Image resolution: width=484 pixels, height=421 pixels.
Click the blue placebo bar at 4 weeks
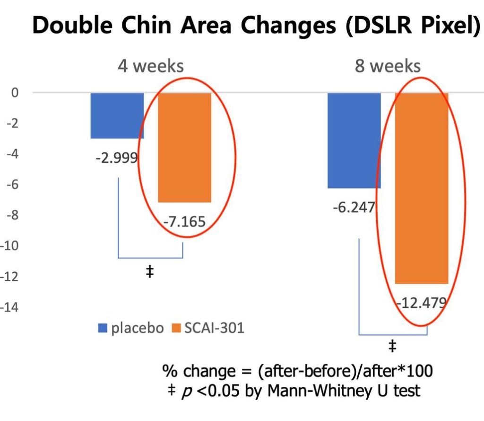pyautogui.click(x=117, y=116)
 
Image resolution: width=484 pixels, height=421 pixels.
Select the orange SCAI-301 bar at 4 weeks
pyautogui.click(x=184, y=147)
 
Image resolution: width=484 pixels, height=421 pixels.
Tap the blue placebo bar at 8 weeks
pyautogui.click(x=354, y=140)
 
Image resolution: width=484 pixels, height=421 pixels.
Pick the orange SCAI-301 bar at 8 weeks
pyautogui.click(x=422, y=188)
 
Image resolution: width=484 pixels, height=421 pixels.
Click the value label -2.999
pyautogui.click(x=116, y=159)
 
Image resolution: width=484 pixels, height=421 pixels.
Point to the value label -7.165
pyautogui.click(x=184, y=221)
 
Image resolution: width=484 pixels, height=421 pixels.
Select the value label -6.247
pyautogui.click(x=354, y=207)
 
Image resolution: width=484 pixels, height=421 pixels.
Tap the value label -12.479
pyautogui.click(x=421, y=303)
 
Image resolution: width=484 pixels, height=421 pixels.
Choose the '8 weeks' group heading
pyautogui.click(x=388, y=66)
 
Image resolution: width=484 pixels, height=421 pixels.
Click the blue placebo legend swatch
pyautogui.click(x=104, y=328)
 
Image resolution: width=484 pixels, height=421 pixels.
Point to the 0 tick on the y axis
pyautogui.click(x=15, y=92)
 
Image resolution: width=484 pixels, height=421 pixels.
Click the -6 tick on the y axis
pyautogui.click(x=14, y=185)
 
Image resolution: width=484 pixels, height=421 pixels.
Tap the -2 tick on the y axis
pyautogui.click(x=14, y=123)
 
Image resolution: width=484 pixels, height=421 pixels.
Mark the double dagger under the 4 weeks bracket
pyautogui.click(x=150, y=272)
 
